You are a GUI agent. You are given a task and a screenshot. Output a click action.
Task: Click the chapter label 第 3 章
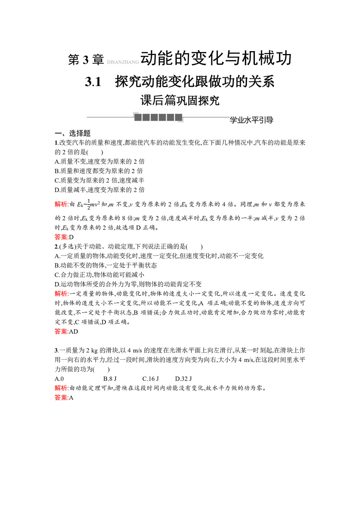click(86, 60)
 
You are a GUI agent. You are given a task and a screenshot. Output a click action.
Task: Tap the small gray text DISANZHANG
click(123, 62)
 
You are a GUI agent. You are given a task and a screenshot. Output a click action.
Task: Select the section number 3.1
click(93, 82)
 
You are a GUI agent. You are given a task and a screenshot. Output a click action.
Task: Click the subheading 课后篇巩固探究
click(180, 100)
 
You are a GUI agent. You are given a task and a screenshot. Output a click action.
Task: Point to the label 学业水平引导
click(251, 120)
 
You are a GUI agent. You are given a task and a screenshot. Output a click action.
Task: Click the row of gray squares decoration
click(158, 117)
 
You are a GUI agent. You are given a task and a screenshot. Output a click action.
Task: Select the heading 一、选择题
click(73, 133)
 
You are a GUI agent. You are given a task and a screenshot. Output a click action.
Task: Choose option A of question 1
click(99, 162)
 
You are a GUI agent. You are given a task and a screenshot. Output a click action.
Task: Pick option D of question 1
click(99, 190)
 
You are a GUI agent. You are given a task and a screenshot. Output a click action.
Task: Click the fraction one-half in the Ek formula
click(89, 204)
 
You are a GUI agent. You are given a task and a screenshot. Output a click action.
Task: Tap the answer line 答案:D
click(64, 237)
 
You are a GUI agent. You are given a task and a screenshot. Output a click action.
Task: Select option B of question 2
click(105, 265)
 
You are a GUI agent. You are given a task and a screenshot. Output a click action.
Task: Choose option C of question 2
click(99, 275)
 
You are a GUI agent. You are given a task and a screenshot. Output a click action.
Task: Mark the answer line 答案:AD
click(66, 332)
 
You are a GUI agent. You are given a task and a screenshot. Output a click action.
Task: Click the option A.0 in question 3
click(59, 379)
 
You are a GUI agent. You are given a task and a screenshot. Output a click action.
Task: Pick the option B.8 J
click(110, 379)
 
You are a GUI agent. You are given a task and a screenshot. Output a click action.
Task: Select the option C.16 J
click(150, 379)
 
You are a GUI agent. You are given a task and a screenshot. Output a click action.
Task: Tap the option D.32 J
click(183, 379)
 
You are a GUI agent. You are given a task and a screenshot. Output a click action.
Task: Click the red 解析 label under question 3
click(61, 388)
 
